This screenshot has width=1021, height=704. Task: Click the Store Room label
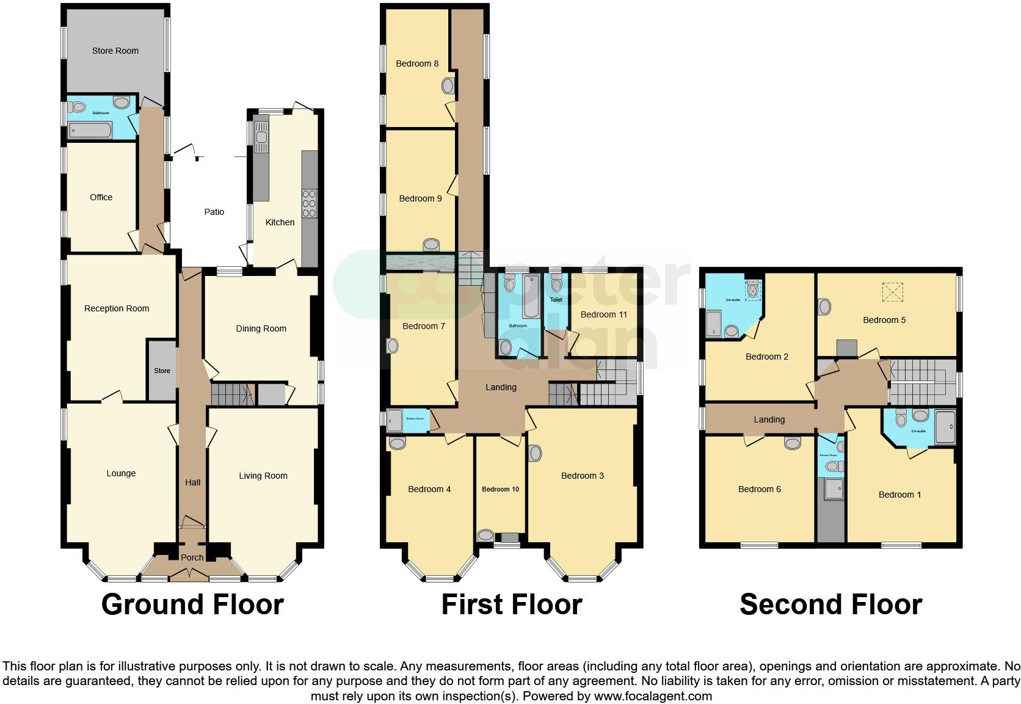point(115,51)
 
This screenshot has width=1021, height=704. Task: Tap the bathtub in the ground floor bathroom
point(90,130)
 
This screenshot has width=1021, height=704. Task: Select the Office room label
point(101,197)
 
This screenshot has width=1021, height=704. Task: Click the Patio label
point(214,212)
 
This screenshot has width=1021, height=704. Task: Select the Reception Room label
point(116,308)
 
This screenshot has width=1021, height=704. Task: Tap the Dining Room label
point(261,328)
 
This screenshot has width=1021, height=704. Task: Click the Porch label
point(192,557)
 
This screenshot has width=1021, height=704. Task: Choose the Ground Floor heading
point(192,604)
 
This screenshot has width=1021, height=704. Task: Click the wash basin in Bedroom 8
point(448,87)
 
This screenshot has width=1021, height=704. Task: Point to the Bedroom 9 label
point(420,198)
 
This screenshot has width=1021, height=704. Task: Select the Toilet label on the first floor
point(556,300)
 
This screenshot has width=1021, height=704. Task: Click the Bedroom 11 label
point(603,314)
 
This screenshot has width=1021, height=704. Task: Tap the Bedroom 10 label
point(500,489)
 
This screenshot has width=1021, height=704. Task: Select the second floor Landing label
point(769,419)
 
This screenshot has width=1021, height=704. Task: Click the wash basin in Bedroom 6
point(792,443)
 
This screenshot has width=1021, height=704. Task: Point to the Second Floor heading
point(830,604)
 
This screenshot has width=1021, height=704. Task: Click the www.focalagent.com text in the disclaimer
point(653,696)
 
